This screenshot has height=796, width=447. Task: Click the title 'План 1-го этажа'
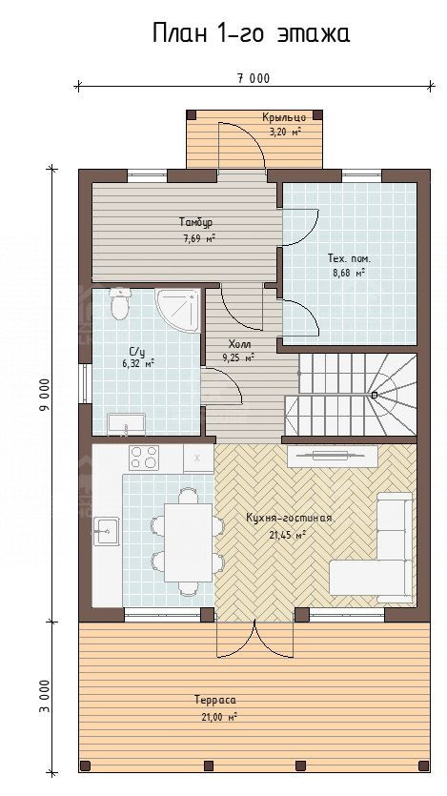252,34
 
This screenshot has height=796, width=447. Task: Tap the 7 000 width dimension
254,78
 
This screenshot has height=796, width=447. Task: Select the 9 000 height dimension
46,394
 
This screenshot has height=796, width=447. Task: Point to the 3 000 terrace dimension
46,696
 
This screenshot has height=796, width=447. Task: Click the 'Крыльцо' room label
284,117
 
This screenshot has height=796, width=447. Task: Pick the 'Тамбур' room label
195,222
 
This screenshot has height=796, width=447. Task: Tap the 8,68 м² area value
349,273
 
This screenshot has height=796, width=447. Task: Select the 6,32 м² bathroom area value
138,363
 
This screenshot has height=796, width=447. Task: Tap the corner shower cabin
177,310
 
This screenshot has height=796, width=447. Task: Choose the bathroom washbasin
126,424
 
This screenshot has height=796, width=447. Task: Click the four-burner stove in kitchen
144,457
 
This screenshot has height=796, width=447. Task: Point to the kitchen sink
106,531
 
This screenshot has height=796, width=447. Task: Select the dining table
189,542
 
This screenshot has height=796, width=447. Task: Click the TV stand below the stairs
333,456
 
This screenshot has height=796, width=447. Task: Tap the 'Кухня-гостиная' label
289,519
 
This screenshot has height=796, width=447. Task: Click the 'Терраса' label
214,700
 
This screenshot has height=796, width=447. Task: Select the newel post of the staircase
375,395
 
